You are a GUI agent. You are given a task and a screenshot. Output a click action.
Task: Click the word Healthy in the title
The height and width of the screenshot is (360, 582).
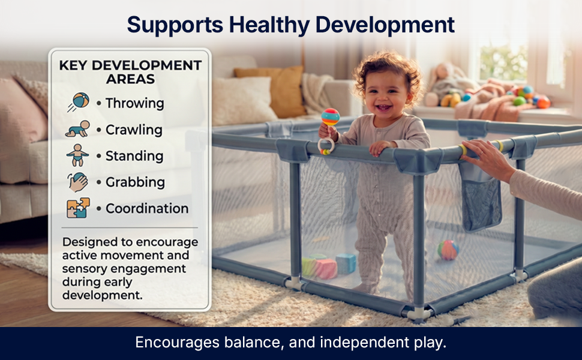(269, 25)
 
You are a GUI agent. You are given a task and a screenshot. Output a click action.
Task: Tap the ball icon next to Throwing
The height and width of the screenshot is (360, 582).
(79, 101)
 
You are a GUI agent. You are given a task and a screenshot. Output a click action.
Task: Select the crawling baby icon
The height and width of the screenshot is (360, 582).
(77, 129)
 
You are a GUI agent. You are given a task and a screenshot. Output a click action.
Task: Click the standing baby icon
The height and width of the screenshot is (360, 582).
(77, 155)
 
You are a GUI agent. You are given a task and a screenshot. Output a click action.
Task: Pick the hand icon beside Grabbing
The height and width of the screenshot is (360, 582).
(77, 182)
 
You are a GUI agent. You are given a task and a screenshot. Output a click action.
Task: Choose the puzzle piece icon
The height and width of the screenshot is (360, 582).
(79, 208)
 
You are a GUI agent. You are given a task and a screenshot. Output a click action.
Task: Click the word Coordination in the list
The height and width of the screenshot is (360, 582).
(147, 209)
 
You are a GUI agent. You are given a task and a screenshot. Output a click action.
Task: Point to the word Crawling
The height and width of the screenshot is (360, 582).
(134, 130)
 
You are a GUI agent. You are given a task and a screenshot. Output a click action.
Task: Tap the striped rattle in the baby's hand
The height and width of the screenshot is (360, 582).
(330, 118)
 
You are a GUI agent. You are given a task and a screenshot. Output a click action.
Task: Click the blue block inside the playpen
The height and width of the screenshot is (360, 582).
(346, 263)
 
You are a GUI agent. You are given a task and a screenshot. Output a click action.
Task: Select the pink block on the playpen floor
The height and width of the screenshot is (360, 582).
(326, 269)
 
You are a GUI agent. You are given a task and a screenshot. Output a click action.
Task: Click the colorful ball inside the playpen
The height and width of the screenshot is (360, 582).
(448, 250)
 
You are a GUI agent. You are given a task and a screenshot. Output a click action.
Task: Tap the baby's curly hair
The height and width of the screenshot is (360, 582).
(388, 71)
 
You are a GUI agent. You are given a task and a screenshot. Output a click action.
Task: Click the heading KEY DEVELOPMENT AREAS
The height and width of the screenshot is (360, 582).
(130, 72)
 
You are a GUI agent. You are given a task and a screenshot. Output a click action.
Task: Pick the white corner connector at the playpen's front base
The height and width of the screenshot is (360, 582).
(419, 313)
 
